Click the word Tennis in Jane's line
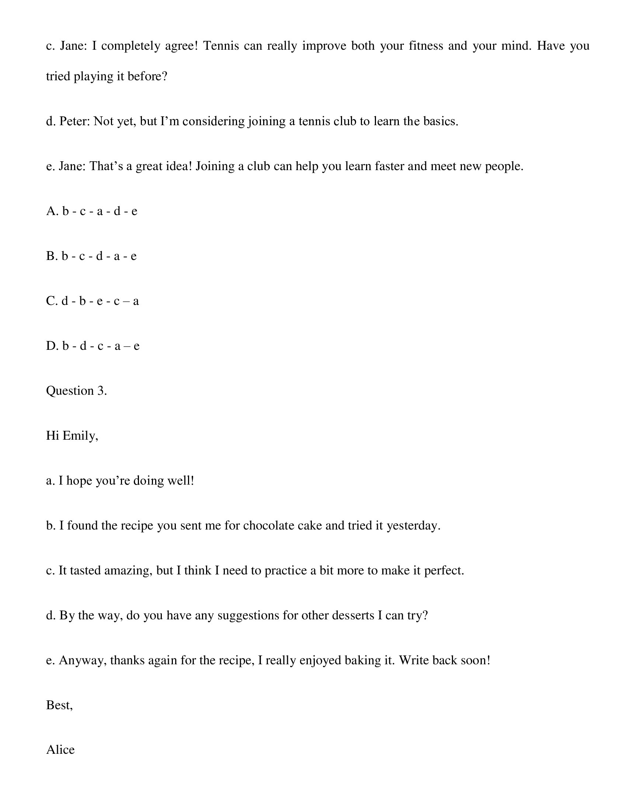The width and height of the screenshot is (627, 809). (221, 46)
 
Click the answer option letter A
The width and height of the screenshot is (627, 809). (51, 211)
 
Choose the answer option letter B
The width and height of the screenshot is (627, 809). (51, 256)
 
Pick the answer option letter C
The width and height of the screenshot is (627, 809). (51, 301)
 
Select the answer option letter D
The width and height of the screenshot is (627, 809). (51, 346)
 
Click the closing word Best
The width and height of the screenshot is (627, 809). (59, 705)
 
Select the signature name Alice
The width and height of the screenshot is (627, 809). (60, 750)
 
